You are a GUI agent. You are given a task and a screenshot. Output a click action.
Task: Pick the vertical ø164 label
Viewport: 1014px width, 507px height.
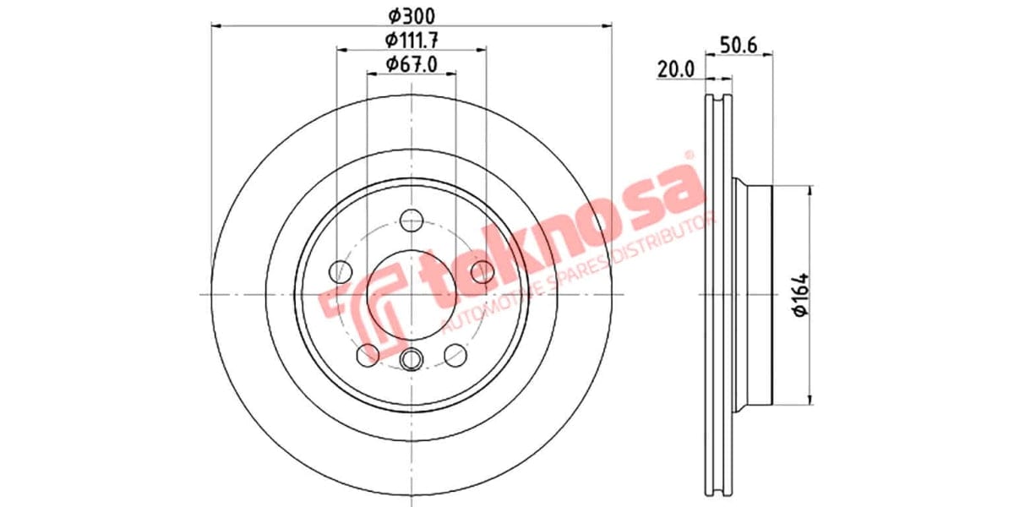(800, 295)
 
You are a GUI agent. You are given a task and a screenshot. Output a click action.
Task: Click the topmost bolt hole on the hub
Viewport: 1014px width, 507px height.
(412, 221)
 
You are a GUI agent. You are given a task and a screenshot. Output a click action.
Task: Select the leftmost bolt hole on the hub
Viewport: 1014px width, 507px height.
(341, 271)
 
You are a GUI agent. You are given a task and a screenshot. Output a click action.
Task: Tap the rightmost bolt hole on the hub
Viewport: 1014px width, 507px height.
(482, 271)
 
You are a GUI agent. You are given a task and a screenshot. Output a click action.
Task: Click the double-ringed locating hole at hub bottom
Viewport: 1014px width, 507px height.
(412, 359)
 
